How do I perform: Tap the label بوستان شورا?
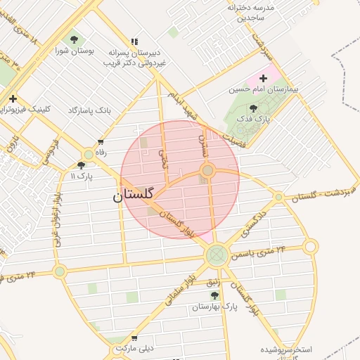click(75, 51)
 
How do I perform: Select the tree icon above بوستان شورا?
click(75, 39)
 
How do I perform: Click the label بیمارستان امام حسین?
click(264, 90)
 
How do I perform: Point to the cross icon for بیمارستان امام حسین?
click(264, 78)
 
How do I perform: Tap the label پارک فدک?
click(253, 120)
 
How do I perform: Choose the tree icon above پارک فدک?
click(252, 108)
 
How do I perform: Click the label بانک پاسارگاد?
click(90, 110)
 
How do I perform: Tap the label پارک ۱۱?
click(82, 175)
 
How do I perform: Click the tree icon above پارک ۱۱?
click(82, 165)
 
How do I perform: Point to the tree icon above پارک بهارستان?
click(215, 295)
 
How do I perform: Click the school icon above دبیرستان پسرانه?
click(134, 41)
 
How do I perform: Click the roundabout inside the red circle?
click(207, 171)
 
